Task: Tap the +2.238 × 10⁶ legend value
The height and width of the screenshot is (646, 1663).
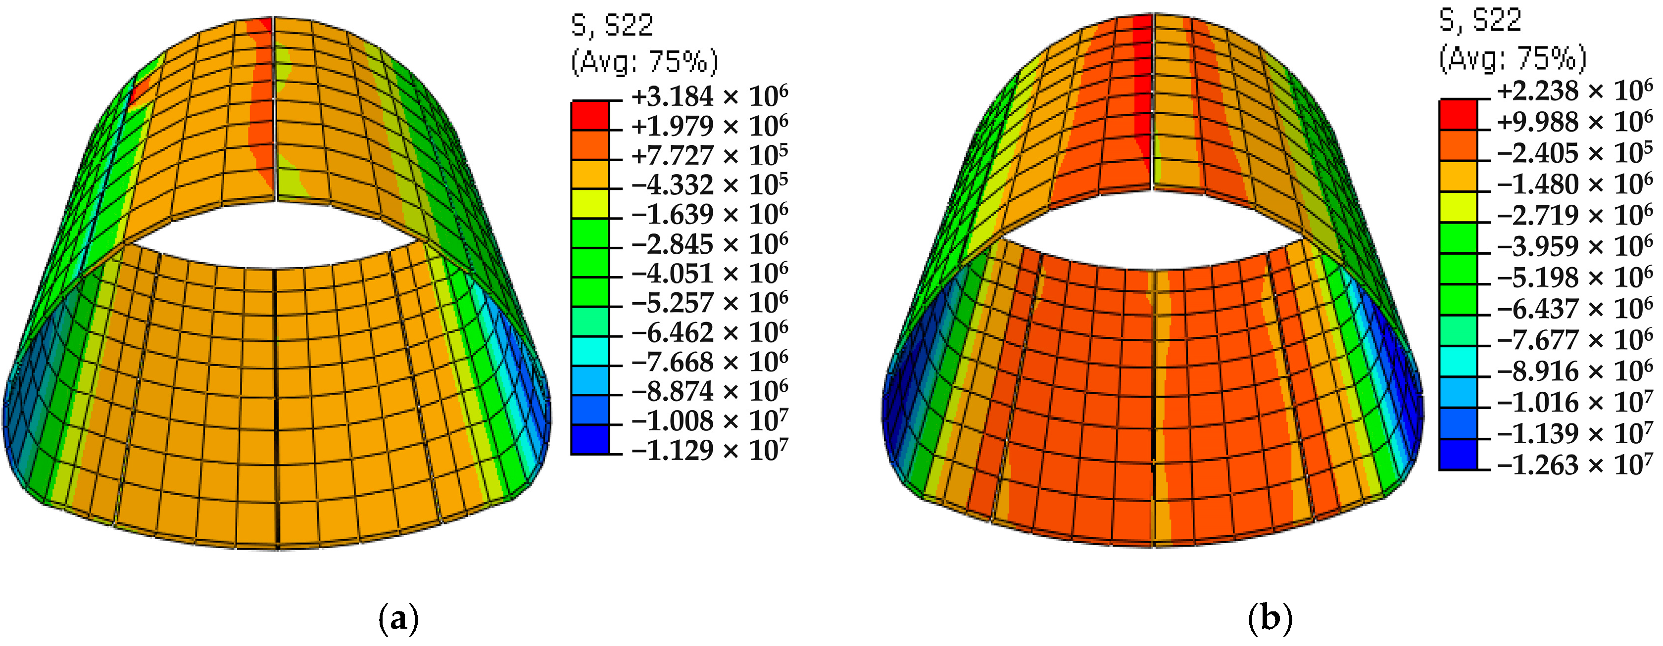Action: (x=1574, y=92)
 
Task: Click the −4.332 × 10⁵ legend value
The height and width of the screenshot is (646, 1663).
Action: (x=709, y=185)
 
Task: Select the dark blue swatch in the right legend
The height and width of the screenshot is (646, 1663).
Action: (x=1458, y=455)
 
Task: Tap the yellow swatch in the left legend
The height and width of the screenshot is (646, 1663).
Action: (x=589, y=203)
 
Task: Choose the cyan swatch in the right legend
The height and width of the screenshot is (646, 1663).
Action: (x=1458, y=362)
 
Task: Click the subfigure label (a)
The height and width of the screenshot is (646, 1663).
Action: (x=397, y=619)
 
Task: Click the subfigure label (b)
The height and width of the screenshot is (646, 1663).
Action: (x=1271, y=619)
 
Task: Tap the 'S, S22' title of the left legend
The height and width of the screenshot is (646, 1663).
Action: (x=612, y=26)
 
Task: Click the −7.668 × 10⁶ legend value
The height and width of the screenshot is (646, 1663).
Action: (x=709, y=362)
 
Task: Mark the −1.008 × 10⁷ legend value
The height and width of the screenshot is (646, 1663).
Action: (x=709, y=421)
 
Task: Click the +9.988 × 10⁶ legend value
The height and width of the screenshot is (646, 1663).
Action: (x=1574, y=123)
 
